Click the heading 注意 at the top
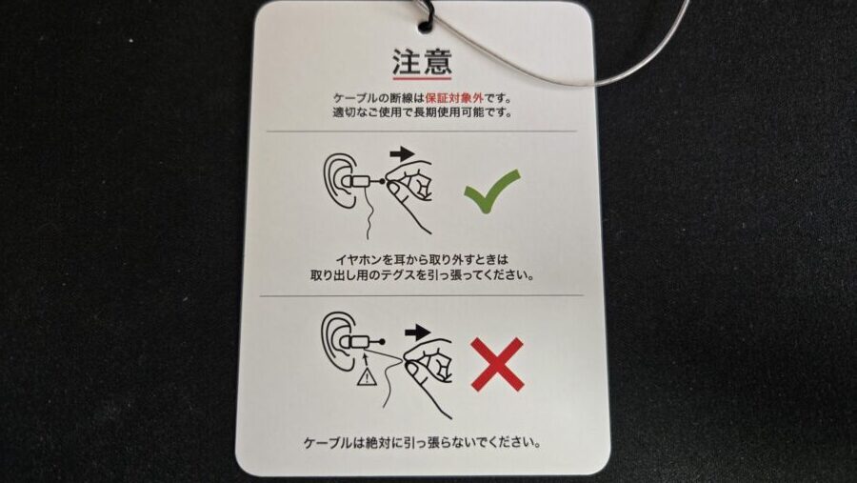422,62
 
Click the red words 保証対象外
454,98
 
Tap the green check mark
491,191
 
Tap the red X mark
497,364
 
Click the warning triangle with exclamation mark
367,377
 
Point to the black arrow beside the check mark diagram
403,153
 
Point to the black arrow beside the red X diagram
418,332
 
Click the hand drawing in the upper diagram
411,191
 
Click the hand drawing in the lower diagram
430,372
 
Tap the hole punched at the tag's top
425,24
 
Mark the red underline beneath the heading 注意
422,78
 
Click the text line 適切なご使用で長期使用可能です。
423,113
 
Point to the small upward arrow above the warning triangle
366,359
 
